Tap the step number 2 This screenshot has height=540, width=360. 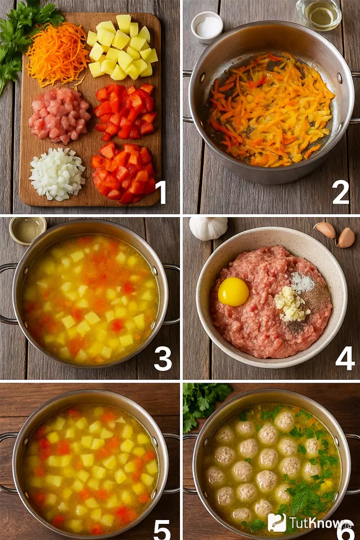341,192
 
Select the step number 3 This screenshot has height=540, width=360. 163,358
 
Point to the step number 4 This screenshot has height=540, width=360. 345,358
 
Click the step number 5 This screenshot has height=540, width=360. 162,529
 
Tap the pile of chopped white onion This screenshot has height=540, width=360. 57,174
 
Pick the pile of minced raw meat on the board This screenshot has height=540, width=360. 59,115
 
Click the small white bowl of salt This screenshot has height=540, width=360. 207,27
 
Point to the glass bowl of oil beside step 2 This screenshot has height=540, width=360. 318,14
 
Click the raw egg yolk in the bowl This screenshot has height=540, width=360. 233,292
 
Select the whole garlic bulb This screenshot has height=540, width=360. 208,228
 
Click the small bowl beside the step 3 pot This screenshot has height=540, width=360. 28,230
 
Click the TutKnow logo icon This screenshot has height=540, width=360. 277,522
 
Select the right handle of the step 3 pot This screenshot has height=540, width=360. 171,294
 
